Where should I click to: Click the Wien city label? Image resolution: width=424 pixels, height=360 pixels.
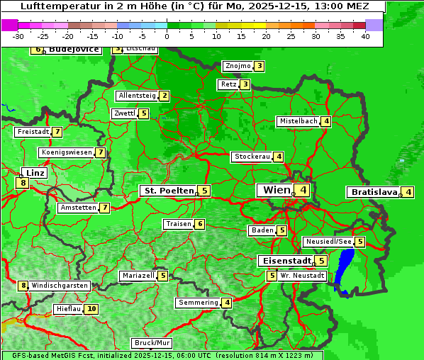point(277,190)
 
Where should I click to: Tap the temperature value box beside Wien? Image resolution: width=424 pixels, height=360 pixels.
point(303,190)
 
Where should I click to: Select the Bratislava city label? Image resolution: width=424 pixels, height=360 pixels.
point(373,192)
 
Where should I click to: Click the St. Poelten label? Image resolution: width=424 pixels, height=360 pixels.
point(167,191)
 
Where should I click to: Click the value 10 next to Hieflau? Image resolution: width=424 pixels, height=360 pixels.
point(91,309)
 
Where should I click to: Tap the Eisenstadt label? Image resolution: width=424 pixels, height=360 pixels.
point(284,261)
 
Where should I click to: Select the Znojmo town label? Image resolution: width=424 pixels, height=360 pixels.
point(238,66)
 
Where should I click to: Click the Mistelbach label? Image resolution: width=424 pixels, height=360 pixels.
point(298,121)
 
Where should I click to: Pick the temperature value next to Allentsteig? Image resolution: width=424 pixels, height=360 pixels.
point(164,96)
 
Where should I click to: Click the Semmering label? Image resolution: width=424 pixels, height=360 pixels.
point(199,303)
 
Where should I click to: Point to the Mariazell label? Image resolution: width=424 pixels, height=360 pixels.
point(138,276)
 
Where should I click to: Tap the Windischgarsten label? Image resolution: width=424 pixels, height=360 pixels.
point(60,286)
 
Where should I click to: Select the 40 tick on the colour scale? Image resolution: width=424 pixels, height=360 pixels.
point(365,35)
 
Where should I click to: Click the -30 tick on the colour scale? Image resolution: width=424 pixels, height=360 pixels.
point(18,35)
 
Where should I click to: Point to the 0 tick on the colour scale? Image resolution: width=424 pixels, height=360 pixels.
point(167,35)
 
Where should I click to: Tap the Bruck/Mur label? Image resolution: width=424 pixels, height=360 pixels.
point(152,343)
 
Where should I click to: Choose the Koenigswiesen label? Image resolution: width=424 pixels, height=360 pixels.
point(66,152)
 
